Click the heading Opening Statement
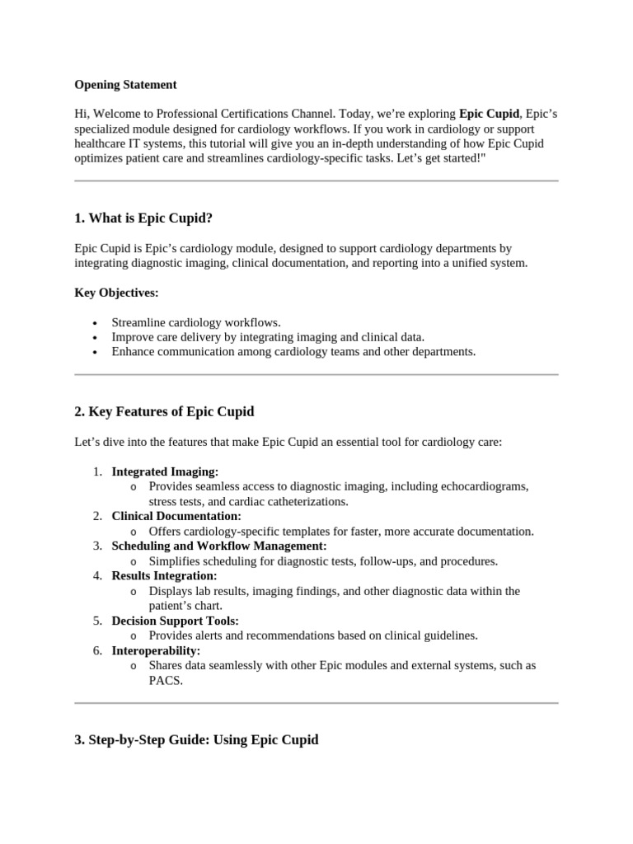click(125, 85)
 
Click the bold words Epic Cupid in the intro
click(489, 114)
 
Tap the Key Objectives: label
click(116, 293)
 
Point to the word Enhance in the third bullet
click(134, 351)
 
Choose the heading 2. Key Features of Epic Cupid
click(164, 412)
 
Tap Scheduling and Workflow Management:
click(219, 546)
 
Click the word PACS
click(166, 681)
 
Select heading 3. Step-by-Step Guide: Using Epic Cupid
click(196, 740)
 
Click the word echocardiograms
click(483, 486)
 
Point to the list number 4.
click(96, 575)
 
